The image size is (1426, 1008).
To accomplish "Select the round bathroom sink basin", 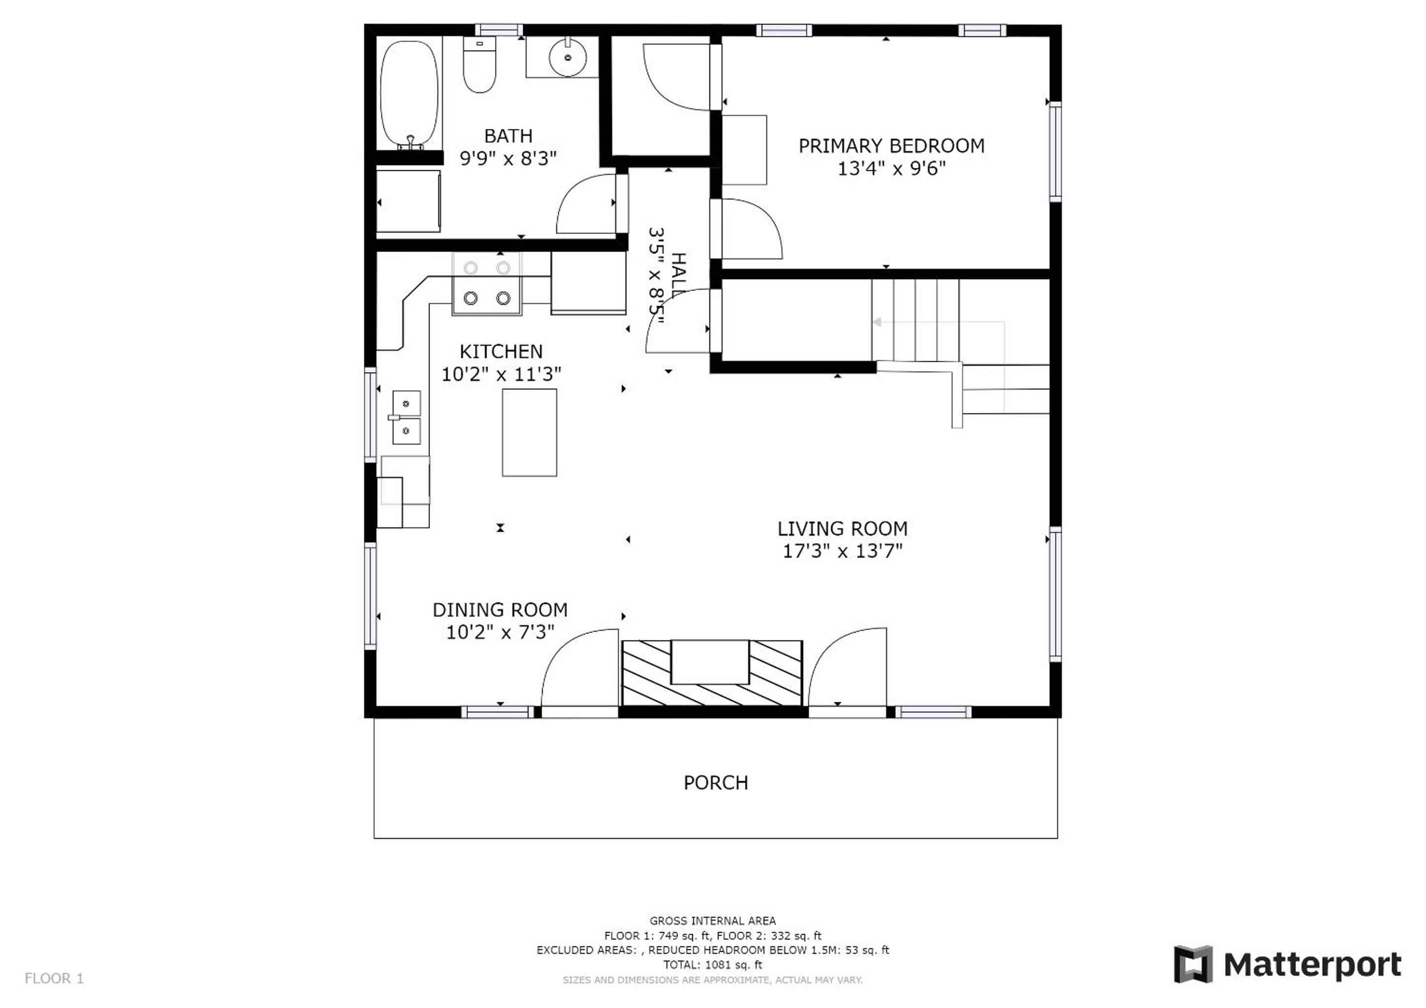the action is (x=567, y=58).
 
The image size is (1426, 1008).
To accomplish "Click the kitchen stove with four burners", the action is (x=487, y=283).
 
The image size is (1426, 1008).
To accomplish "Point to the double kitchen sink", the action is (x=406, y=417).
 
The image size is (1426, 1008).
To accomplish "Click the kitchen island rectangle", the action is (x=529, y=433).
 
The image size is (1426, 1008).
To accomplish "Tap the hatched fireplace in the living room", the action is (x=712, y=673).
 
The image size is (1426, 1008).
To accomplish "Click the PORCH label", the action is (x=716, y=783).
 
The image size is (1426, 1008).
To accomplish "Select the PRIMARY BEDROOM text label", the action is (x=891, y=146).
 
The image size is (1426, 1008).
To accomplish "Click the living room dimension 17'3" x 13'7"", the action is (x=842, y=551).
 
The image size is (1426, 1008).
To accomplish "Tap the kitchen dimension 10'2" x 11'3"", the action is (x=501, y=374).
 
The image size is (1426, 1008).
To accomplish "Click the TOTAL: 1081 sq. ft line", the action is (x=712, y=965).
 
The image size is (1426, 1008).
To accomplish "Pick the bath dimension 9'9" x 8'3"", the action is (x=508, y=159).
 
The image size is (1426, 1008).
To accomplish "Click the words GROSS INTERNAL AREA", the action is (x=712, y=921).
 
